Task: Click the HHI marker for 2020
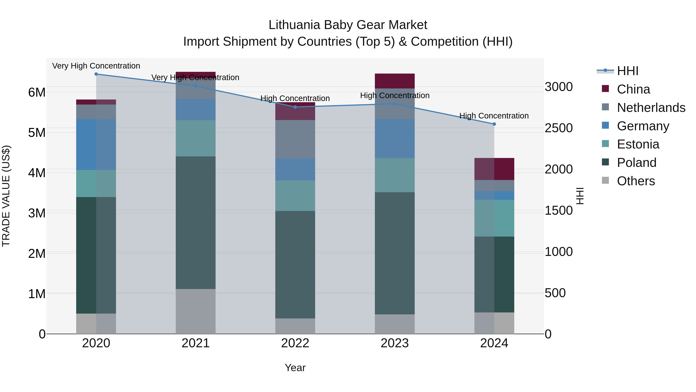coord(96,74)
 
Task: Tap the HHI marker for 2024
coord(494,124)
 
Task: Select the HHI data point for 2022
coord(295,107)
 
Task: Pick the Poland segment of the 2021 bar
coord(196,222)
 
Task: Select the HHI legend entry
coord(627,71)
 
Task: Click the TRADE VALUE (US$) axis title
coord(6,196)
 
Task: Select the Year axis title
coord(295,368)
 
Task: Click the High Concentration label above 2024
coord(494,116)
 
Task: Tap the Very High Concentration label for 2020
coord(96,66)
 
